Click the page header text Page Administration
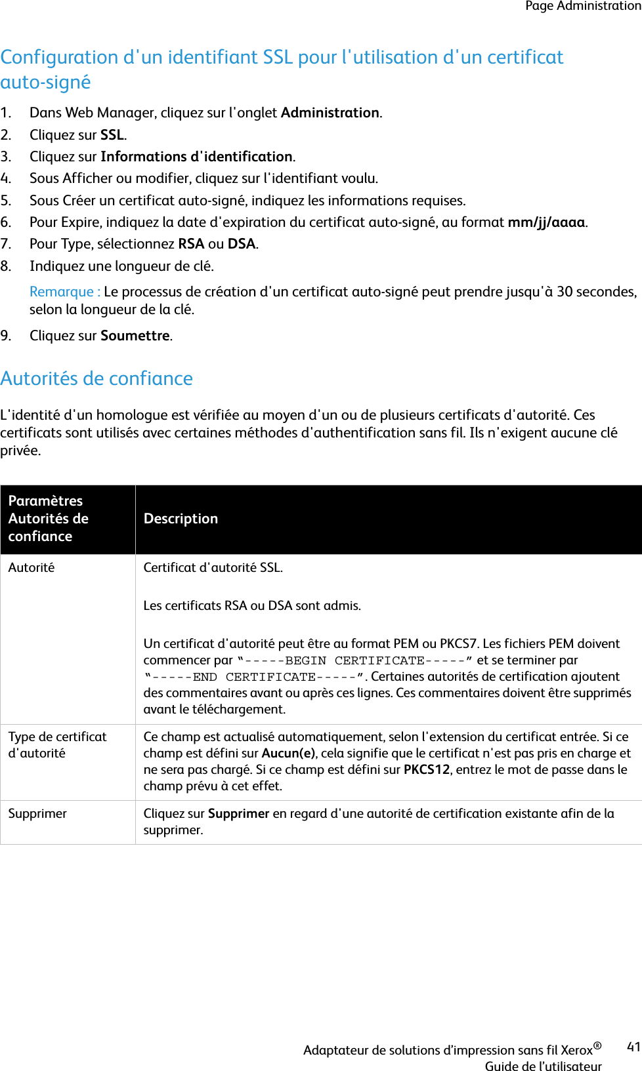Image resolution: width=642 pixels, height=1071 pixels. [x=583, y=6]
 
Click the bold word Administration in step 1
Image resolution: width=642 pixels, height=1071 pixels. [x=330, y=113]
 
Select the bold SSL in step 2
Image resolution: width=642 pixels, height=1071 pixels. [x=112, y=135]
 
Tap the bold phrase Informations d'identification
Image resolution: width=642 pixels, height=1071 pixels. [x=196, y=157]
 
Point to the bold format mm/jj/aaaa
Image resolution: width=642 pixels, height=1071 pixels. [x=546, y=222]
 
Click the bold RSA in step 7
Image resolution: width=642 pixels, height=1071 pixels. [x=191, y=244]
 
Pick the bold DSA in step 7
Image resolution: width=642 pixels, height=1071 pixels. [x=241, y=244]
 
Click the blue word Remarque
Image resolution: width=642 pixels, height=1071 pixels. [x=62, y=292]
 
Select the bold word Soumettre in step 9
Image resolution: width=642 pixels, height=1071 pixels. [x=135, y=336]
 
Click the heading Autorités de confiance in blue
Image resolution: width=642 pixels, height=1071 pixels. [x=96, y=378]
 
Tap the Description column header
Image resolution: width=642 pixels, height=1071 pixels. [x=181, y=519]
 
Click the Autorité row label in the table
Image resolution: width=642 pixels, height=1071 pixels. [x=32, y=568]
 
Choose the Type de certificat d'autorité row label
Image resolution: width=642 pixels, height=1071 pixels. [x=57, y=745]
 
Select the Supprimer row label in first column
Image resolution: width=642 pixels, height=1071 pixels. [x=37, y=814]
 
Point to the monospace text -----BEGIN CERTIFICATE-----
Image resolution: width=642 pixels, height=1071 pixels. [x=354, y=660]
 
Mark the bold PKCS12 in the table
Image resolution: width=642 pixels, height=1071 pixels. [x=427, y=770]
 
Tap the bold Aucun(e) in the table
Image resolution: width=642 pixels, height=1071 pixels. [x=288, y=754]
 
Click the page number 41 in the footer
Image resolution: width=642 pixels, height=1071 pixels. [x=633, y=1047]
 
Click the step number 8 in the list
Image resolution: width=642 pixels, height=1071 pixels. [x=6, y=266]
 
